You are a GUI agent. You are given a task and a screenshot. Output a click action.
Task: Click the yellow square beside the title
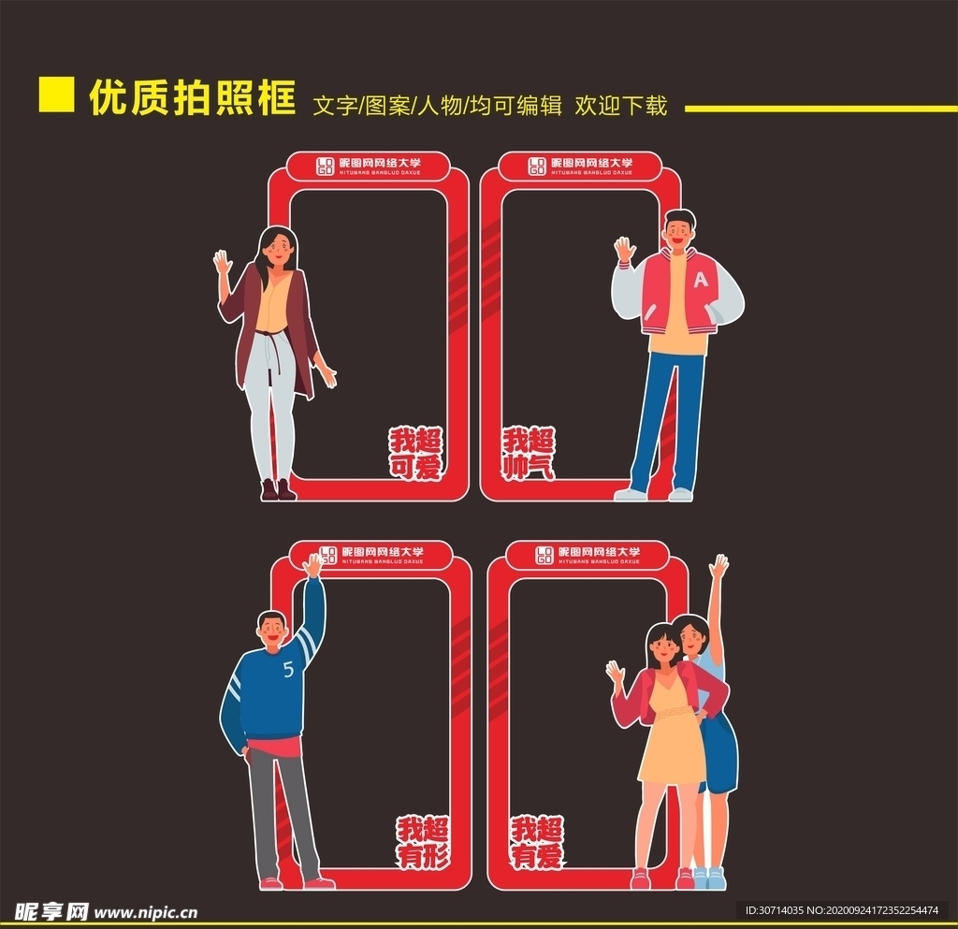56,94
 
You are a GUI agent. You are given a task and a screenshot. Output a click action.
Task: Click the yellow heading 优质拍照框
193,98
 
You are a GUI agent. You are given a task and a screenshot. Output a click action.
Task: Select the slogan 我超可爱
416,454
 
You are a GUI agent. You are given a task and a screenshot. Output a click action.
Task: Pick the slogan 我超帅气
529,454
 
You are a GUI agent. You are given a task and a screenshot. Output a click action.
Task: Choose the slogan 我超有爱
537,842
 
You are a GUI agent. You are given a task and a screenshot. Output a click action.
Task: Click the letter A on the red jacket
701,279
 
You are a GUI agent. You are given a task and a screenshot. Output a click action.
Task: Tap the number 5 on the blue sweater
287,669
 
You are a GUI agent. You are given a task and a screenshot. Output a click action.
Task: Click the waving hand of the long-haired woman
223,261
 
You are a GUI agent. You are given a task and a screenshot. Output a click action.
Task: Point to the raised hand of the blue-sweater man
312,564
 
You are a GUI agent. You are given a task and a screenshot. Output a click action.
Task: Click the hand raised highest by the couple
718,566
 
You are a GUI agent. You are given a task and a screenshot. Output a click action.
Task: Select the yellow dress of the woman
672,739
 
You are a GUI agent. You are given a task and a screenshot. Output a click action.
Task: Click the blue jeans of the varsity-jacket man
668,421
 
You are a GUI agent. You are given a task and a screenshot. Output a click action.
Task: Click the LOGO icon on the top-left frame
325,166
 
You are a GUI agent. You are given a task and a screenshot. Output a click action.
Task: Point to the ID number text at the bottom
841,909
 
